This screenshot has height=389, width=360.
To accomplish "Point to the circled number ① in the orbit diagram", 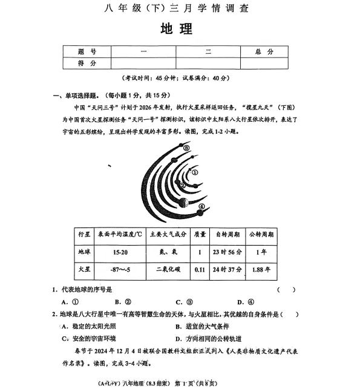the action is pos(195,171).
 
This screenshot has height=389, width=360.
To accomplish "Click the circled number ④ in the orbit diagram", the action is pos(200,208).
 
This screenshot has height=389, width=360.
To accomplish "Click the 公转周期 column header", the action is pos(260,234).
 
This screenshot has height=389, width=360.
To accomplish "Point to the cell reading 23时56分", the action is pos(228,251).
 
